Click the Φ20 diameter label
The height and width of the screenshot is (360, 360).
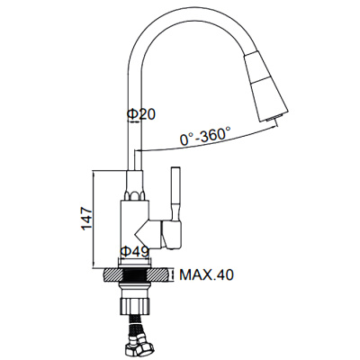pos(141,114)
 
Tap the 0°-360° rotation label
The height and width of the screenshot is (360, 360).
pos(206,136)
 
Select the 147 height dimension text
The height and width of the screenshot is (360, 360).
pos(87,218)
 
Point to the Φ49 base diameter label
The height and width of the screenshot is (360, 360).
pos(134,251)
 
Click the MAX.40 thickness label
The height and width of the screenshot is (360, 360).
pos(206,274)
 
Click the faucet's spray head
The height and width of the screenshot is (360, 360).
pos(265,85)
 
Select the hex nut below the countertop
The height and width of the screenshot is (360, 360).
pos(134,305)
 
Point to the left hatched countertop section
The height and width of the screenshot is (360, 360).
pos(113,274)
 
